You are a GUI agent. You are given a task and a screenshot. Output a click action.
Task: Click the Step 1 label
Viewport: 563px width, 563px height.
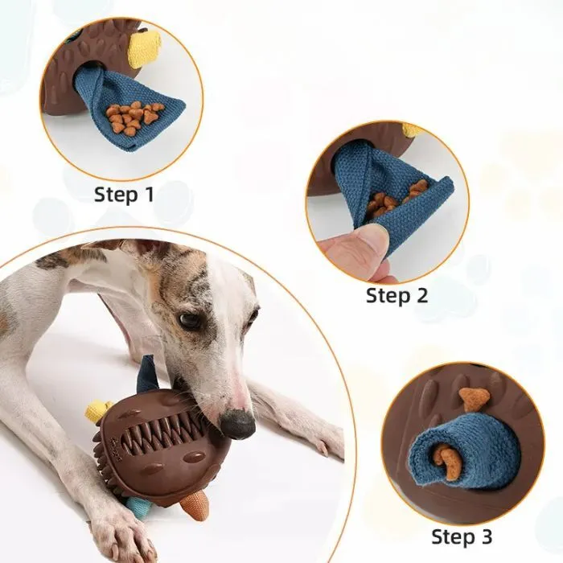tap(124, 195)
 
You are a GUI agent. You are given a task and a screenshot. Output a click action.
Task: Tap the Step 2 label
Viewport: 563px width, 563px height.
tap(397, 296)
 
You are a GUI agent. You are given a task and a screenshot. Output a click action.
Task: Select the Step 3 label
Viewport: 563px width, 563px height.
tap(462, 537)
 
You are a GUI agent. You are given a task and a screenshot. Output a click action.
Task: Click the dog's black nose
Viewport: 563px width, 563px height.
tap(238, 423)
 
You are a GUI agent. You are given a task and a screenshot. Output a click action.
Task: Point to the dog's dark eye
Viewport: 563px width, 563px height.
tap(190, 321)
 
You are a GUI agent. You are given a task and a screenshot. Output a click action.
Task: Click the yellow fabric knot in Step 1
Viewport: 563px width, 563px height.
tap(146, 48)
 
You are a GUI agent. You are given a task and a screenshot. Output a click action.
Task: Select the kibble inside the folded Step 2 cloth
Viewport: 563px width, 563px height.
tap(395, 200)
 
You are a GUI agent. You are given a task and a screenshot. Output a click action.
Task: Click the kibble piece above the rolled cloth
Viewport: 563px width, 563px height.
tap(474, 398)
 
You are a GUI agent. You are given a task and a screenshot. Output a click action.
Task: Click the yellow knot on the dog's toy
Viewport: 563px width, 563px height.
tap(97, 410)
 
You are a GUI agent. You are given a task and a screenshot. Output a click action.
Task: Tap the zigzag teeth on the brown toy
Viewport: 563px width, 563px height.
tap(162, 432)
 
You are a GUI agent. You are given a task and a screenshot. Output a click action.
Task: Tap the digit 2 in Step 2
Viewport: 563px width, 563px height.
tap(421, 296)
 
